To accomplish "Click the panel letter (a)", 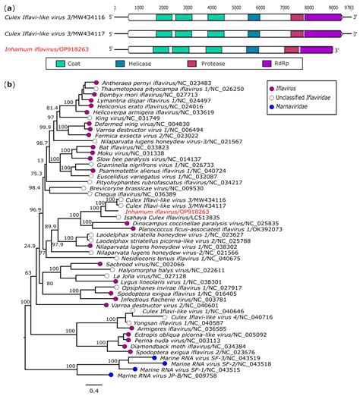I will click(9, 5).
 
